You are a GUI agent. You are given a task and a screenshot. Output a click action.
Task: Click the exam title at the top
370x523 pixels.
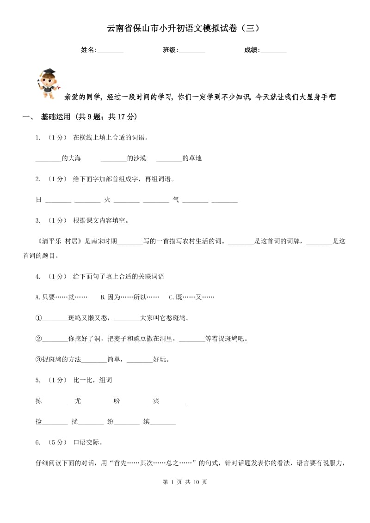pyautogui.click(x=185, y=28)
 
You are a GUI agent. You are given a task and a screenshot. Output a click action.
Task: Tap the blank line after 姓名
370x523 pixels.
pyautogui.click(x=111, y=51)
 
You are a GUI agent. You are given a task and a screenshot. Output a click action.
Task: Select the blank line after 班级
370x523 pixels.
pyautogui.click(x=192, y=51)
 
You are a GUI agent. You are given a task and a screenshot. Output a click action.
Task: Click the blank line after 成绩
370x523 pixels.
pyautogui.click(x=274, y=51)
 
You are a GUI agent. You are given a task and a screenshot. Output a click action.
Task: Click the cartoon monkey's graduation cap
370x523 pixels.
pyautogui.click(x=48, y=73)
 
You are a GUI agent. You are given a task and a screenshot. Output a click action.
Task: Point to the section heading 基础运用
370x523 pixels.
pyautogui.click(x=54, y=117)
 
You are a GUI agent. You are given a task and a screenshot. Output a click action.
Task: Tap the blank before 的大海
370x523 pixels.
pyautogui.click(x=48, y=158)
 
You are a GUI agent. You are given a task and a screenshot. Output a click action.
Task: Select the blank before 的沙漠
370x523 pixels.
pyautogui.click(x=113, y=158)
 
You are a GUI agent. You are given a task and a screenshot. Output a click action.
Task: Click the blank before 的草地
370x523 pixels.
pyautogui.click(x=169, y=158)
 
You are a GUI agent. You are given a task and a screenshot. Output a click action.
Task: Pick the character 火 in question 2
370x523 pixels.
pyautogui.click(x=107, y=200)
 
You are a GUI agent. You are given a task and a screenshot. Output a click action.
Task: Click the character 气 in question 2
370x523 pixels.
pyautogui.click(x=176, y=200)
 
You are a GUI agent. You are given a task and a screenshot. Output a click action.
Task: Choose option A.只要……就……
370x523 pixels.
pyautogui.click(x=62, y=297)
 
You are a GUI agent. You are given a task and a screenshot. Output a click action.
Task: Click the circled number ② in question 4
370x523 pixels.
pyautogui.click(x=39, y=339)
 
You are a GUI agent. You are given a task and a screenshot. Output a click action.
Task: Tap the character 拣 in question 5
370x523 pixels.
pyautogui.click(x=39, y=401)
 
